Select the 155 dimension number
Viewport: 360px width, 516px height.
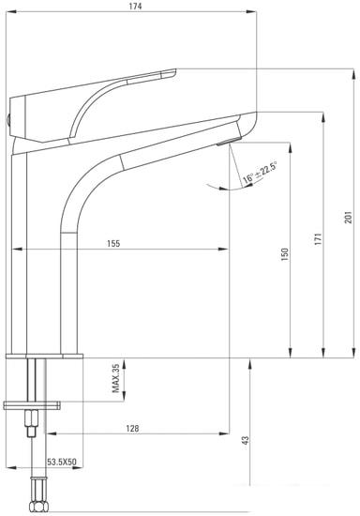coord(113,244)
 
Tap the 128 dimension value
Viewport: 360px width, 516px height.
coord(132,429)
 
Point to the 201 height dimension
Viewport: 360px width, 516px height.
coord(348,218)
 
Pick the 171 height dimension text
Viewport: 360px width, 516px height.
coord(318,239)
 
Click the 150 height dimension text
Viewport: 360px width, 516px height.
coord(285,254)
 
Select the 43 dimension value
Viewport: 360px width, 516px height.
coord(246,441)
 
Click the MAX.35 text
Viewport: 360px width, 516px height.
coord(115,378)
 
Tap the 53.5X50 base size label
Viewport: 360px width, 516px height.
coord(62,462)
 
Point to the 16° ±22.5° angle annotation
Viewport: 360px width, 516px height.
coord(260,173)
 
